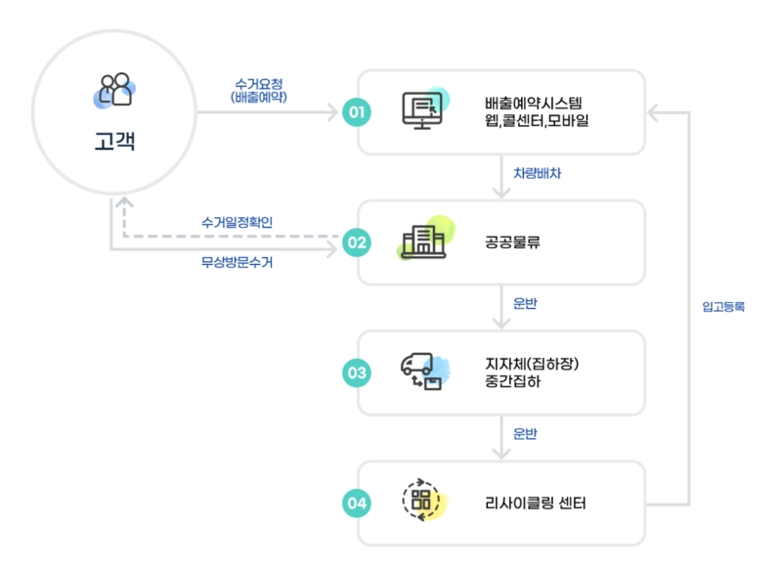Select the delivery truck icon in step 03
[422, 371]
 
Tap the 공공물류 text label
[513, 242]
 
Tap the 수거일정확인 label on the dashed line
[238, 223]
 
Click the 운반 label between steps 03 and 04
[525, 433]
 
